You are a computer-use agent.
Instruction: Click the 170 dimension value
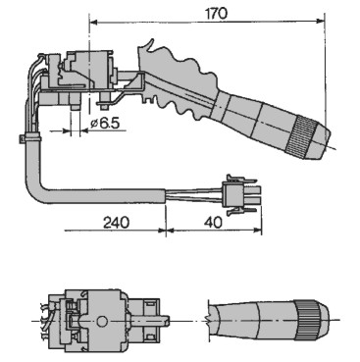point(216,14)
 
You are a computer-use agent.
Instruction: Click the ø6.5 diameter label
point(105,124)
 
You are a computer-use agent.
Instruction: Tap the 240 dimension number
point(117,223)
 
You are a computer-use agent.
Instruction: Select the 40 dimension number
point(213,223)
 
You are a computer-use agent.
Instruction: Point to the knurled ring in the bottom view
point(307,320)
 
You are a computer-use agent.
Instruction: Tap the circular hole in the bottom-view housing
point(102,321)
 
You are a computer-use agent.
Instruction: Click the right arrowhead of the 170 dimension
point(321,22)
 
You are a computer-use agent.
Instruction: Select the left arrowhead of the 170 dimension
point(94,22)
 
